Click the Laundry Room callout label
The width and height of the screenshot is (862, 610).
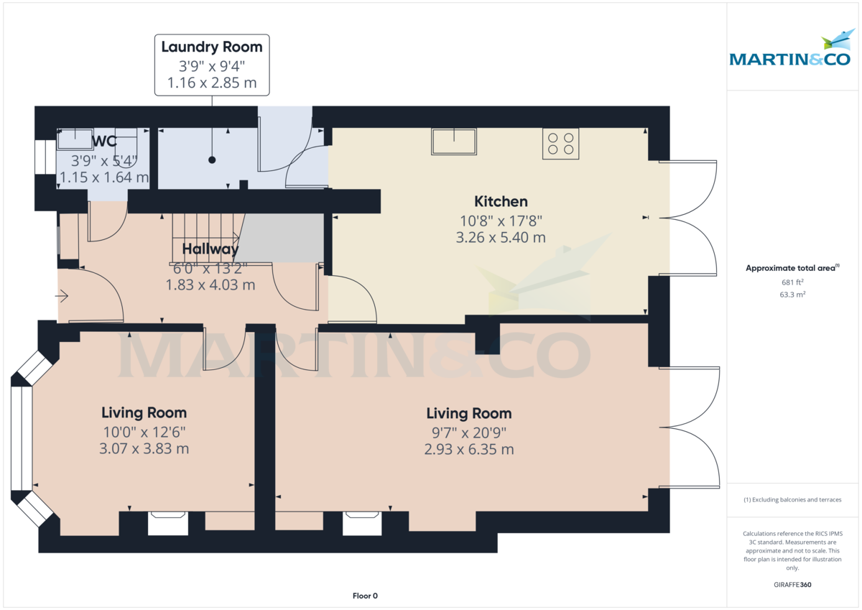point(212,47)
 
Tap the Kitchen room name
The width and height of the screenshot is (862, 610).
point(501,202)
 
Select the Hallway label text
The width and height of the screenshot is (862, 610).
point(210,249)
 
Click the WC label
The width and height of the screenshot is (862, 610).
point(104,142)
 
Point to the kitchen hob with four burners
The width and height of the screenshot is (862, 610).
point(560,143)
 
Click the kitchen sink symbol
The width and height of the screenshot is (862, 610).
point(453,142)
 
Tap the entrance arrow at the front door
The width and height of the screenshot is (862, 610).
point(62,295)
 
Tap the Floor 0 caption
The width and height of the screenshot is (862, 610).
point(365,596)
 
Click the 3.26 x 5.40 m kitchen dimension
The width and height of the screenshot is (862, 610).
point(501,237)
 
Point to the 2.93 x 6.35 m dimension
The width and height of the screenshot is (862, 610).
point(468,450)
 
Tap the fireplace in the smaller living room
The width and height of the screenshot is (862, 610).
point(167,523)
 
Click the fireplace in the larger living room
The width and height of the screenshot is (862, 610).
point(361,523)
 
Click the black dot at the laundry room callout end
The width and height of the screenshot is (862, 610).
point(212,160)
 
